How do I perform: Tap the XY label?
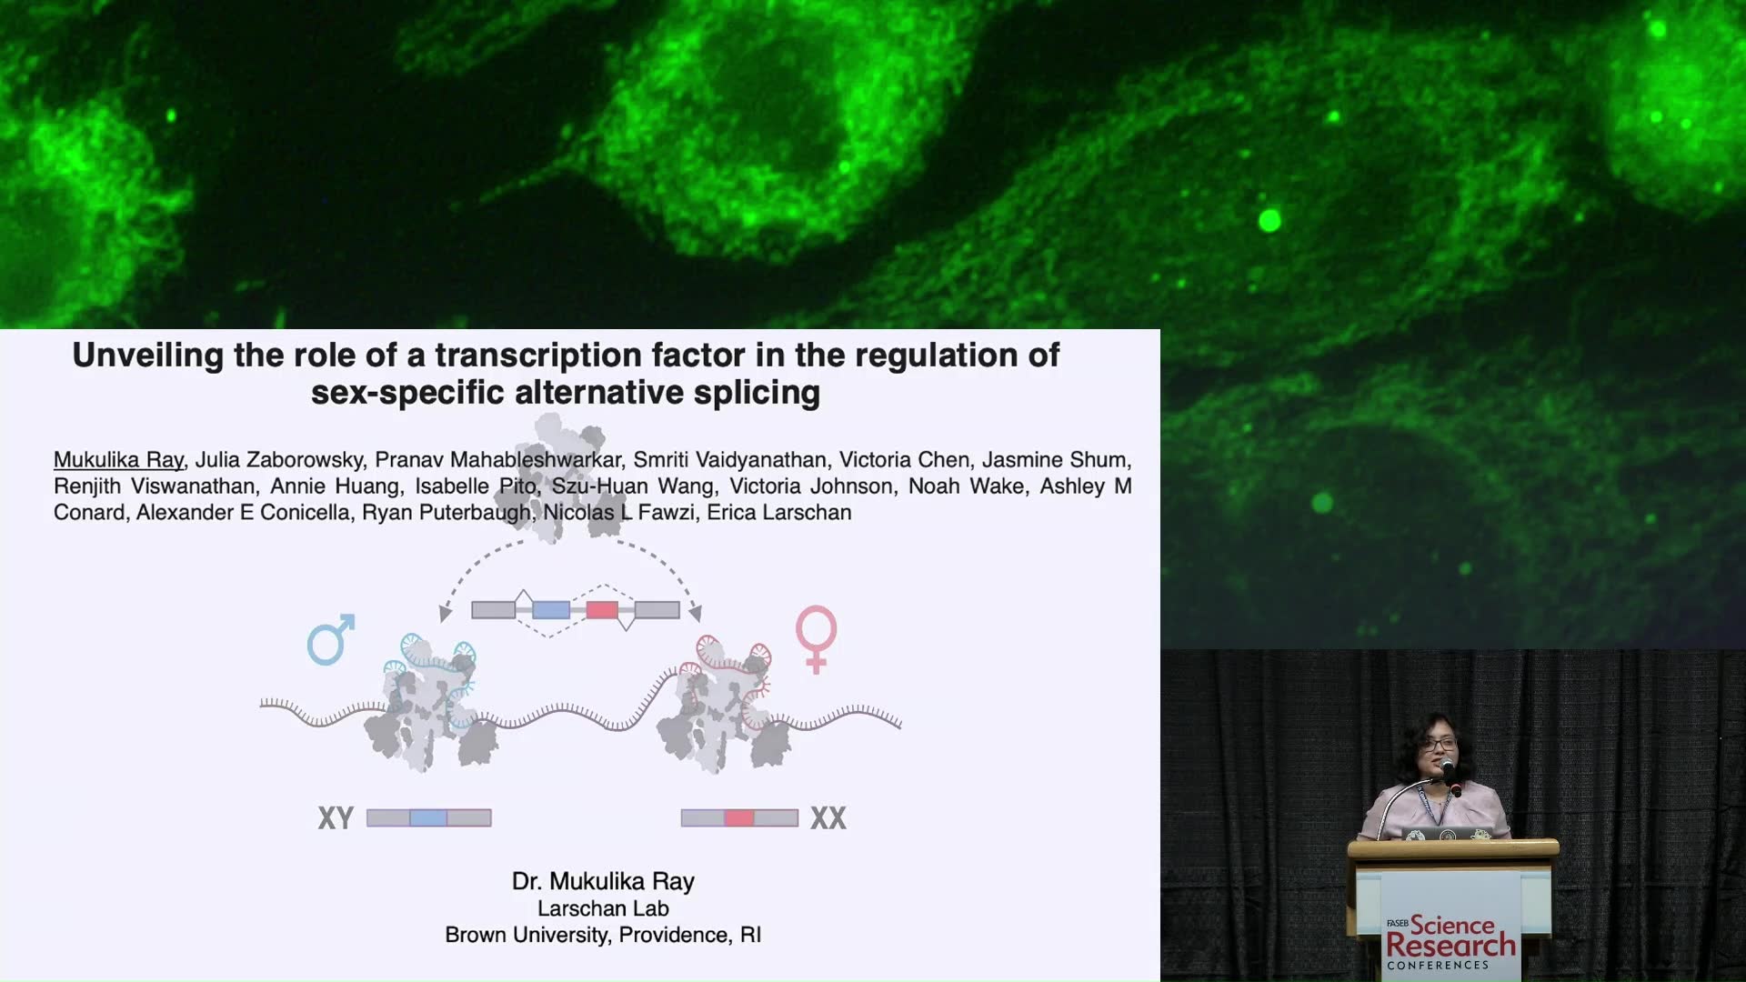tap(336, 818)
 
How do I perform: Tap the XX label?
tap(828, 818)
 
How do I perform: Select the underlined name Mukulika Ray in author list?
tap(118, 460)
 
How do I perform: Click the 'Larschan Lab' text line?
tap(603, 908)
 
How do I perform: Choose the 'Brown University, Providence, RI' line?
tap(603, 935)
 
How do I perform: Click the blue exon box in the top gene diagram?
tap(551, 609)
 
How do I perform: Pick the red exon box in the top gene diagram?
tap(602, 609)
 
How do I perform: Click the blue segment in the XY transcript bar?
tap(428, 818)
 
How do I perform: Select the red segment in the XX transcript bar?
tap(739, 818)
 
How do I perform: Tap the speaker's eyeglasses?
tap(1439, 746)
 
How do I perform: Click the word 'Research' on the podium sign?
tap(1450, 946)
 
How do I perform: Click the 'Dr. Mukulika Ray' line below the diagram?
tap(603, 881)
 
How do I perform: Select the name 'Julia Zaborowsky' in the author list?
tap(279, 460)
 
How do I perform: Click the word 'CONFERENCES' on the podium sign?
tap(1438, 966)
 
